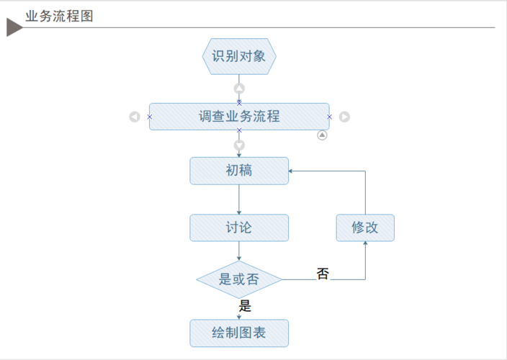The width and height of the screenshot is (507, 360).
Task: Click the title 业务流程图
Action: [x=60, y=16]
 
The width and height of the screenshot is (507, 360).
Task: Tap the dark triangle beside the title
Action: [x=14, y=27]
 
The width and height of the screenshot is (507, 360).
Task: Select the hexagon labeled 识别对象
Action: [x=239, y=56]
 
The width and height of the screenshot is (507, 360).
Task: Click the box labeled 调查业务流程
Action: [x=239, y=116]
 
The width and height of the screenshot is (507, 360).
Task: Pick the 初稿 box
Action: [x=239, y=171]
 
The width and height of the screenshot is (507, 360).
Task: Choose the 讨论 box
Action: [x=239, y=228]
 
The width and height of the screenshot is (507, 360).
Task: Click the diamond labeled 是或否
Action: [x=239, y=279]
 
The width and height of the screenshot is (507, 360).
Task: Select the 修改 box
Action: [x=365, y=228]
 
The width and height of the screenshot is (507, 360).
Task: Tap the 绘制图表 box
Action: [x=239, y=333]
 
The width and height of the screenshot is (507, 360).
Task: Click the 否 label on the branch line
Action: [x=323, y=274]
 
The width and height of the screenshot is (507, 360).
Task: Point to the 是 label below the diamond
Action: [x=245, y=306]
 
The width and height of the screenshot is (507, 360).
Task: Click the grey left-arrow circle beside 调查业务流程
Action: [x=135, y=117]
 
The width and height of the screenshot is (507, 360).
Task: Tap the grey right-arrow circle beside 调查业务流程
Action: [x=344, y=117]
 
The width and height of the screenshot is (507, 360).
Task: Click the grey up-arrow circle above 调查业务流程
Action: [x=239, y=89]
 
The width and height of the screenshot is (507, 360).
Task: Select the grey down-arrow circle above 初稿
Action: [x=239, y=145]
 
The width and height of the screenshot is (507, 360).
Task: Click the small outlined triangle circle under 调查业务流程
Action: [x=322, y=135]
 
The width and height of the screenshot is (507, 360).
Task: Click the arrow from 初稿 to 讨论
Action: [x=239, y=199]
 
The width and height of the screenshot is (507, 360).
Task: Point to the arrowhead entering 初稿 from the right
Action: [x=291, y=171]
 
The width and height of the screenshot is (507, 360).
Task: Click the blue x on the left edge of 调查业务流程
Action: [x=149, y=117]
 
